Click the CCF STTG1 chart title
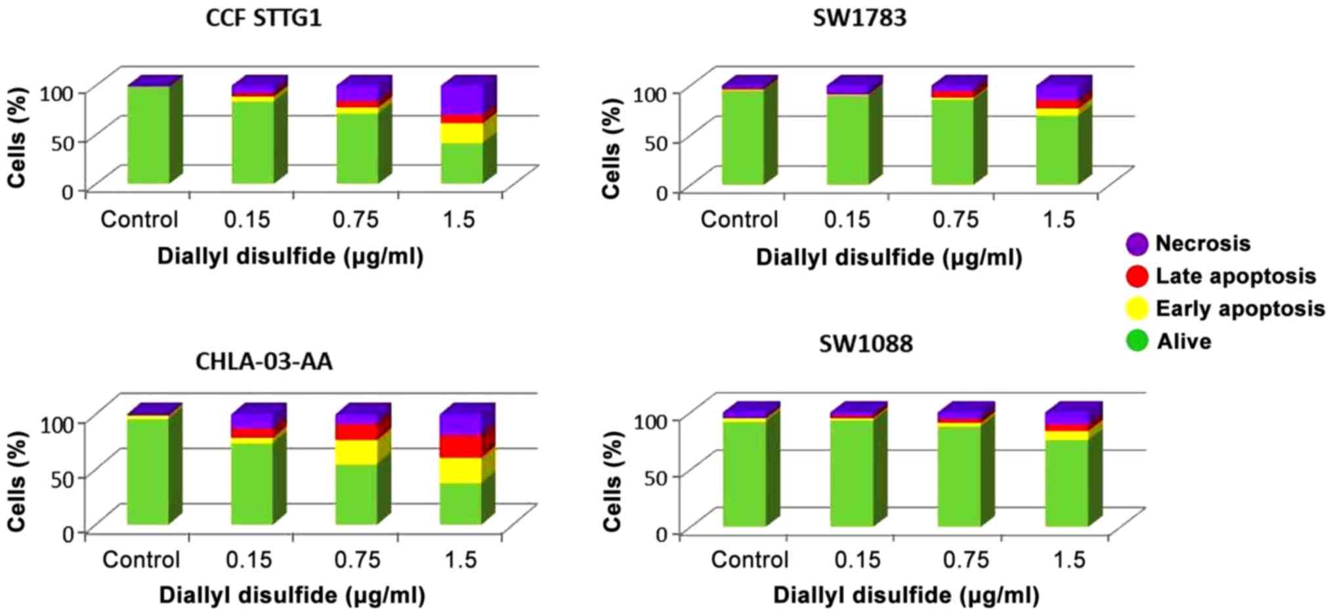tap(264, 18)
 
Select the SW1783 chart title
tap(859, 18)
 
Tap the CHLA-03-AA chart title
tap(264, 361)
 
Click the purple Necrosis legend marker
tap(1137, 244)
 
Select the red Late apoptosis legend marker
tap(1137, 276)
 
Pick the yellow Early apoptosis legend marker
tap(1137, 308)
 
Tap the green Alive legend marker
tap(1137, 341)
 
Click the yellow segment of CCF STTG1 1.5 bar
tap(461, 133)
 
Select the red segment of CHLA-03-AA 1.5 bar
tap(460, 446)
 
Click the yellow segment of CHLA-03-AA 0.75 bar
tap(356, 452)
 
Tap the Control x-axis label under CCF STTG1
tap(139, 219)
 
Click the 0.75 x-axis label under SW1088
tap(965, 560)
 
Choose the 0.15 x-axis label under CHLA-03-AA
tap(249, 560)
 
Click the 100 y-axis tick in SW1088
tap(650, 419)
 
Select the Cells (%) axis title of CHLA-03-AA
tap(17, 481)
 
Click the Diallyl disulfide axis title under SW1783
tap(889, 257)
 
